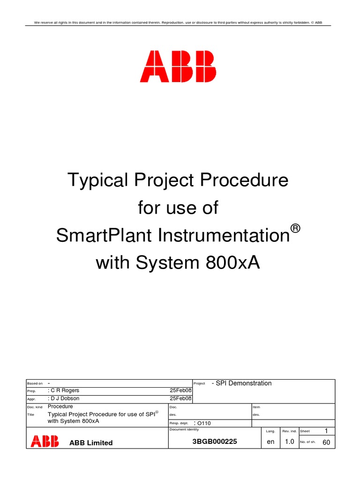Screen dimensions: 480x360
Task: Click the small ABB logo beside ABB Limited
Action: (45, 441)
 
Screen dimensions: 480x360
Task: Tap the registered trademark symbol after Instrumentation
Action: (295, 229)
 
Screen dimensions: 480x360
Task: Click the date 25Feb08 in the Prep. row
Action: (180, 390)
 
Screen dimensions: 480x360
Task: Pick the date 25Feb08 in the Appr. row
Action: (180, 398)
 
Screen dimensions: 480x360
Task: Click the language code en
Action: (270, 442)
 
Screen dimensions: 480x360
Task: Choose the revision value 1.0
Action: (290, 442)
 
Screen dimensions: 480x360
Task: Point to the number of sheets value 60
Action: (326, 442)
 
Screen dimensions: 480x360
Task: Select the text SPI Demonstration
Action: (243, 383)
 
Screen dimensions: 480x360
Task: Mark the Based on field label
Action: (35, 383)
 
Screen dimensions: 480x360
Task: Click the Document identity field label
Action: (184, 429)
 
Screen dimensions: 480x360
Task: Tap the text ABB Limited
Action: (91, 442)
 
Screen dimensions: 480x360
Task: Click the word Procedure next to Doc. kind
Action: (60, 406)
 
